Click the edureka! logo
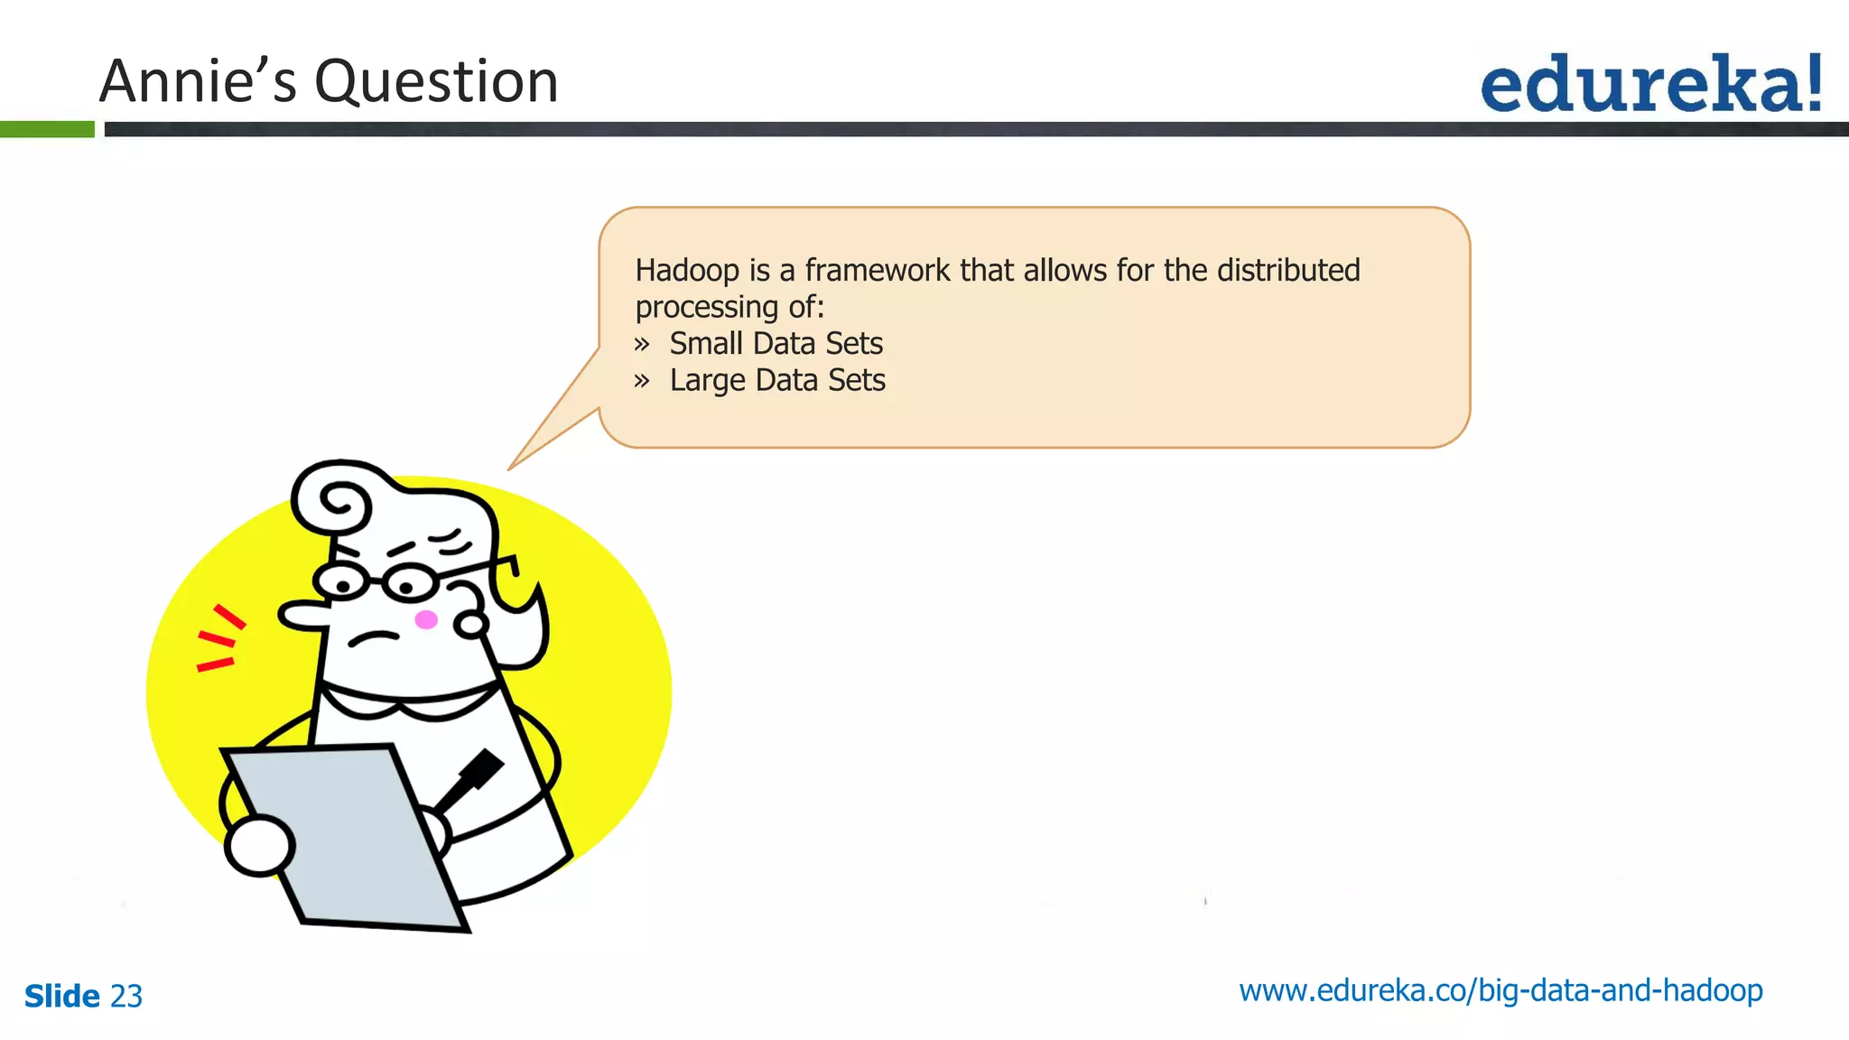pyautogui.click(x=1650, y=84)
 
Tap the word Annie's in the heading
pyautogui.click(x=198, y=80)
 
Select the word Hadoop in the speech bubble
pyautogui.click(x=687, y=271)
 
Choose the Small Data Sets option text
pyautogui.click(x=776, y=344)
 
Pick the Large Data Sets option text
pyautogui.click(x=777, y=381)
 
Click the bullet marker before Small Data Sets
pyautogui.click(x=642, y=344)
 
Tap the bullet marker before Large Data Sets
pyautogui.click(x=642, y=381)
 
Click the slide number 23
pyautogui.click(x=126, y=997)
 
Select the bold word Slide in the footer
pyautogui.click(x=61, y=997)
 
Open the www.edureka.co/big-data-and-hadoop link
pyautogui.click(x=1501, y=991)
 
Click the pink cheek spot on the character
pyautogui.click(x=426, y=619)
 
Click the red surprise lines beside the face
pyautogui.click(x=218, y=639)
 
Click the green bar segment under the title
pyautogui.click(x=47, y=129)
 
